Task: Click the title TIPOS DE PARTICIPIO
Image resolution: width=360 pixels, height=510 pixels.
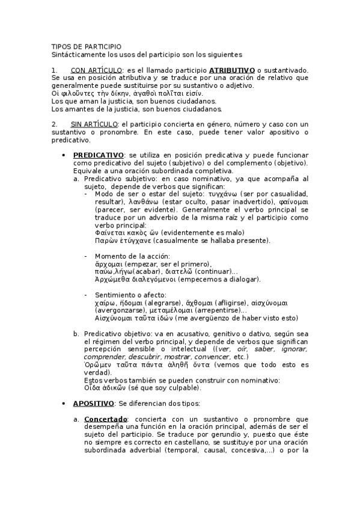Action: pos(86,46)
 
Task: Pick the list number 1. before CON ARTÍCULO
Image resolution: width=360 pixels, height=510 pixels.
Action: pos(54,70)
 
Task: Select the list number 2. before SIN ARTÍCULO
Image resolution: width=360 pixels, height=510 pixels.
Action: pos(54,124)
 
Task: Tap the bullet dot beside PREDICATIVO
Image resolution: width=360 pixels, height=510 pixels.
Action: pos(64,155)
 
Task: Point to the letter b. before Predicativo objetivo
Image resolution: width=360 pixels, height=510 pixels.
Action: pos(76,333)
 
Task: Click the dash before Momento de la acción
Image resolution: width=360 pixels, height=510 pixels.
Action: pos(87,257)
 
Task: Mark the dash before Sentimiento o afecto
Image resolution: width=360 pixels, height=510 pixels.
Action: pos(87,295)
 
